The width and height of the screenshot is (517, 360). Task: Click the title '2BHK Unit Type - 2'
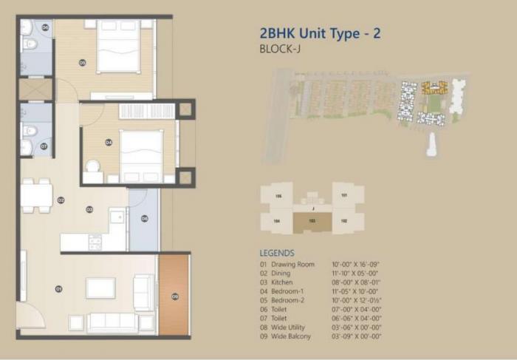[320, 33]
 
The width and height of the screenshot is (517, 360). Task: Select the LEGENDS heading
[277, 253]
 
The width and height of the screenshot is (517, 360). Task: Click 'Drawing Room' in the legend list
[292, 265]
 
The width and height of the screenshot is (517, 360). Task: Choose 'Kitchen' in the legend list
[282, 282]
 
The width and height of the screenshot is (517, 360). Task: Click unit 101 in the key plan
[343, 196]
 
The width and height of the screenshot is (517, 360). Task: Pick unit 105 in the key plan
[278, 196]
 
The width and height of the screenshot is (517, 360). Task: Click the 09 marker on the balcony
[175, 296]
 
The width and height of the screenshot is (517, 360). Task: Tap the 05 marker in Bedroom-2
[82, 63]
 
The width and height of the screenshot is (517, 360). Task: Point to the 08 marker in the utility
[145, 219]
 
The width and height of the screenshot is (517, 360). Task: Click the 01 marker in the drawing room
[58, 289]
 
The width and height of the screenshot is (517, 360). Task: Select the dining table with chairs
[36, 196]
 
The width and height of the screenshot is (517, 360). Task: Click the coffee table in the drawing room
[100, 288]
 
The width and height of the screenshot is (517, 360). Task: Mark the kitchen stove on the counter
[95, 241]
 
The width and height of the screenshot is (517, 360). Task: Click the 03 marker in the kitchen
[89, 210]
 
